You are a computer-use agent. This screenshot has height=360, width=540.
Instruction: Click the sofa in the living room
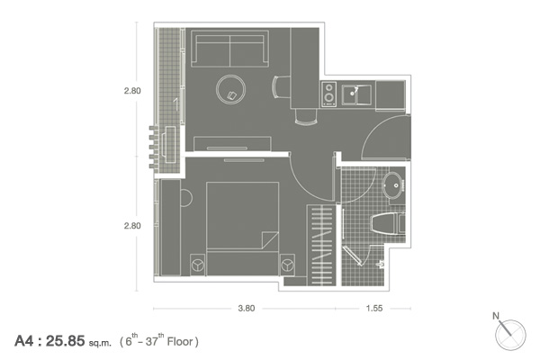229,49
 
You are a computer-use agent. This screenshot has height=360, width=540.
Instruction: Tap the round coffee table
230,90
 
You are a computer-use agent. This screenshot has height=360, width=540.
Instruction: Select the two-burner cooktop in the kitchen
328,94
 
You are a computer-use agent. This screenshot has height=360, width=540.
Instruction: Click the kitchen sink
356,94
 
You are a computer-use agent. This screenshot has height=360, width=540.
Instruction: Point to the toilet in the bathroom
388,223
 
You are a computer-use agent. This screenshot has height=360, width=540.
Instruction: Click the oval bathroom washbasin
393,185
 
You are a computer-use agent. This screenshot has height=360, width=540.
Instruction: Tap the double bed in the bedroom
242,229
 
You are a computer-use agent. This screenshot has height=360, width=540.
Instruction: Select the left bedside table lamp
198,265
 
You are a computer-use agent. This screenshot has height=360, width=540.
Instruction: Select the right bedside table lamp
287,265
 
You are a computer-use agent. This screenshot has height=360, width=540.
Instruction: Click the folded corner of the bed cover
269,239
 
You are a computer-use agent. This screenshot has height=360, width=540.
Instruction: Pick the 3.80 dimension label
247,309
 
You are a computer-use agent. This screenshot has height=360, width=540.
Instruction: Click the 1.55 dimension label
374,309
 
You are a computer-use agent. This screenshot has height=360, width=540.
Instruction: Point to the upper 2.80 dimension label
132,91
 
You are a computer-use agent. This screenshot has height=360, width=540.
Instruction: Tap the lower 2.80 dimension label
132,226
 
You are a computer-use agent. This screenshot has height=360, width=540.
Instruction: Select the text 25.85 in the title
65,341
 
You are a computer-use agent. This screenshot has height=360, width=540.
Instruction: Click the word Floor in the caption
179,341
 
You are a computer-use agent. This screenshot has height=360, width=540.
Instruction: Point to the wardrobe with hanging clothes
321,245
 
